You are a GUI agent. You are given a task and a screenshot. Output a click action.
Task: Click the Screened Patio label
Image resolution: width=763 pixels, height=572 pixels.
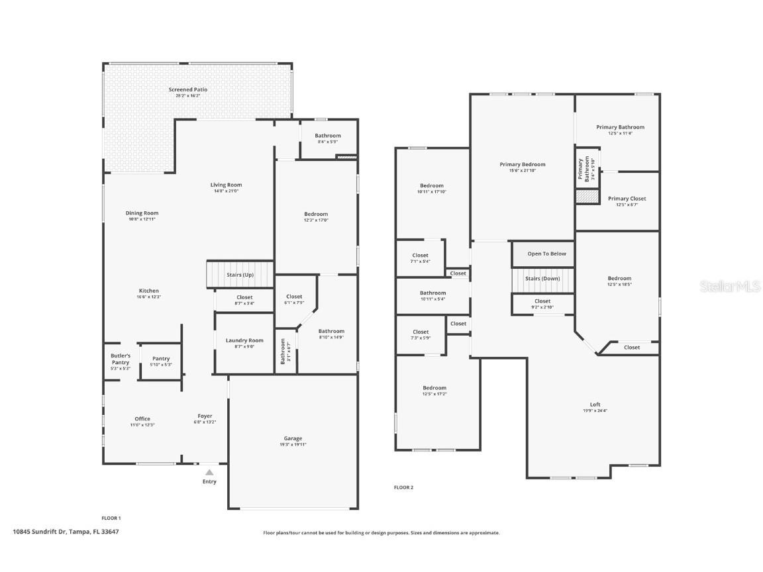[x=188, y=89]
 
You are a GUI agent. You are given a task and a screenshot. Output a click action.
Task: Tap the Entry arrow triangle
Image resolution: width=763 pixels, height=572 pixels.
[x=209, y=472]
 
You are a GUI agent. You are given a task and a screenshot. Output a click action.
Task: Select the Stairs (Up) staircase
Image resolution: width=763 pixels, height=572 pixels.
[x=240, y=274]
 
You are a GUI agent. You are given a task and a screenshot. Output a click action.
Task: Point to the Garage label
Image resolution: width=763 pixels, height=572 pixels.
[x=293, y=438]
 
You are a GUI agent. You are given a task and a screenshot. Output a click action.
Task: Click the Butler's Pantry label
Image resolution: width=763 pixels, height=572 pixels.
[x=121, y=359]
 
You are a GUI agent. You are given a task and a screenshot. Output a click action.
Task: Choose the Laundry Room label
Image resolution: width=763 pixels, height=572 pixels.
[x=244, y=340]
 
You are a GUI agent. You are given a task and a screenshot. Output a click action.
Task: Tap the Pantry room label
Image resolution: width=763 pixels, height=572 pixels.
[x=161, y=359]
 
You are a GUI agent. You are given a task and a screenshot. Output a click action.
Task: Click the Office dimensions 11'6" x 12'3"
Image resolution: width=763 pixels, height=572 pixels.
[x=142, y=425]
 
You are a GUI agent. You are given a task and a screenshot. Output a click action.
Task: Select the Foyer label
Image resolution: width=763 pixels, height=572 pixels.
[x=205, y=416]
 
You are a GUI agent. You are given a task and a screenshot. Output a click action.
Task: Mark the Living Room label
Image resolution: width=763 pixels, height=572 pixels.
[x=227, y=185]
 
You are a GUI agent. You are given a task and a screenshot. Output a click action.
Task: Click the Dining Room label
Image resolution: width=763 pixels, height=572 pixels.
[x=142, y=213]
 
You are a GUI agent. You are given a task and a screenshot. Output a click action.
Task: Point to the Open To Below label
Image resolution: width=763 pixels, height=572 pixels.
[x=546, y=254]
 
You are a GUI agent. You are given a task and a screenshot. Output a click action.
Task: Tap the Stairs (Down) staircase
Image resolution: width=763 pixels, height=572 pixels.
[x=542, y=279]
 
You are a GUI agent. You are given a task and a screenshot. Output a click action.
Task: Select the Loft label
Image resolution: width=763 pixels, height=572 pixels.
[x=595, y=405]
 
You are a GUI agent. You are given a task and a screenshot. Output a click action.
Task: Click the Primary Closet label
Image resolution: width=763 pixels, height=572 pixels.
[x=627, y=199]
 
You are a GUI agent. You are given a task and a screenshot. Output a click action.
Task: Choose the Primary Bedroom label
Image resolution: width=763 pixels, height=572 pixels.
[x=523, y=164]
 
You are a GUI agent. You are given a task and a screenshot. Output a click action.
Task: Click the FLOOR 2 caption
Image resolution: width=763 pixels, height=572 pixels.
[x=403, y=488]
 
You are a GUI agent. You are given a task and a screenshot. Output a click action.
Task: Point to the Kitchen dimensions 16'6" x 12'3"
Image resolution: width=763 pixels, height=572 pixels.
[x=149, y=297]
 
